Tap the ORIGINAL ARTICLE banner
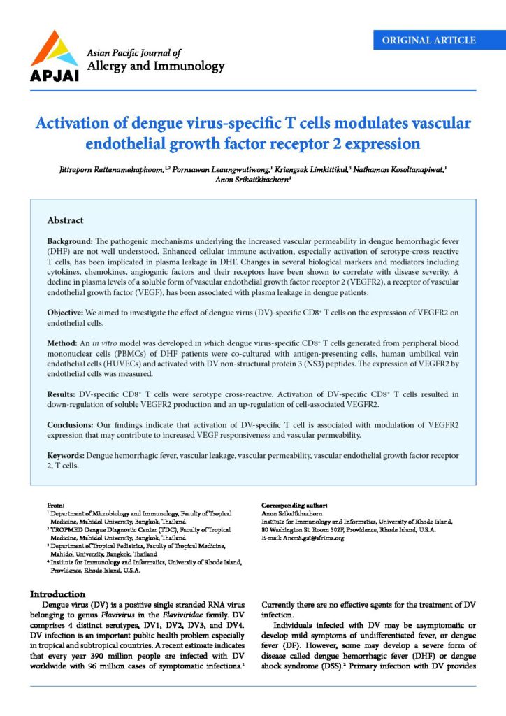coord(429,40)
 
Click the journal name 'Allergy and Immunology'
coord(155,66)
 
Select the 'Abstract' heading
coord(65,220)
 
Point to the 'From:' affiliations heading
coord(55,504)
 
